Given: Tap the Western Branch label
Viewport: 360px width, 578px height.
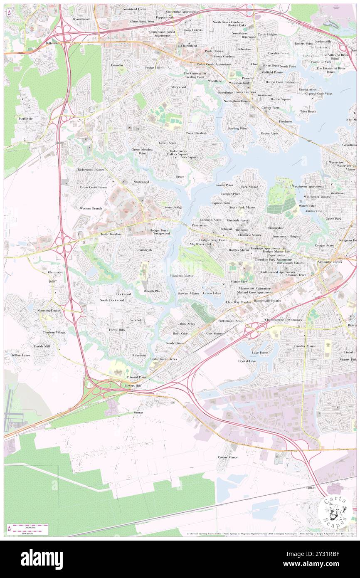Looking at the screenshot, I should [x=91, y=208].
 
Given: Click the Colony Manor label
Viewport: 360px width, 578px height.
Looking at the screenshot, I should [x=227, y=457].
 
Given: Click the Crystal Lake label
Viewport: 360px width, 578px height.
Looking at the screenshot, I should [x=247, y=361].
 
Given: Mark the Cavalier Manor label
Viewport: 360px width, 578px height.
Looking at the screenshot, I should [x=305, y=346].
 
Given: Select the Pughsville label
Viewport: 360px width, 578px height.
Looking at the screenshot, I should [x=26, y=119].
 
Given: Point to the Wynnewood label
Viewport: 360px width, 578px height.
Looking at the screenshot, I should [x=81, y=19].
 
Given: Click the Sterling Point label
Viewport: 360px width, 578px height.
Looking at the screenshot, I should [x=237, y=128].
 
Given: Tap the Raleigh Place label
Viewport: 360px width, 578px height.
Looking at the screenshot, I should [x=153, y=291].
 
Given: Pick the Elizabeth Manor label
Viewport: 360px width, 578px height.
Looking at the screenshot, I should [x=182, y=275].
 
